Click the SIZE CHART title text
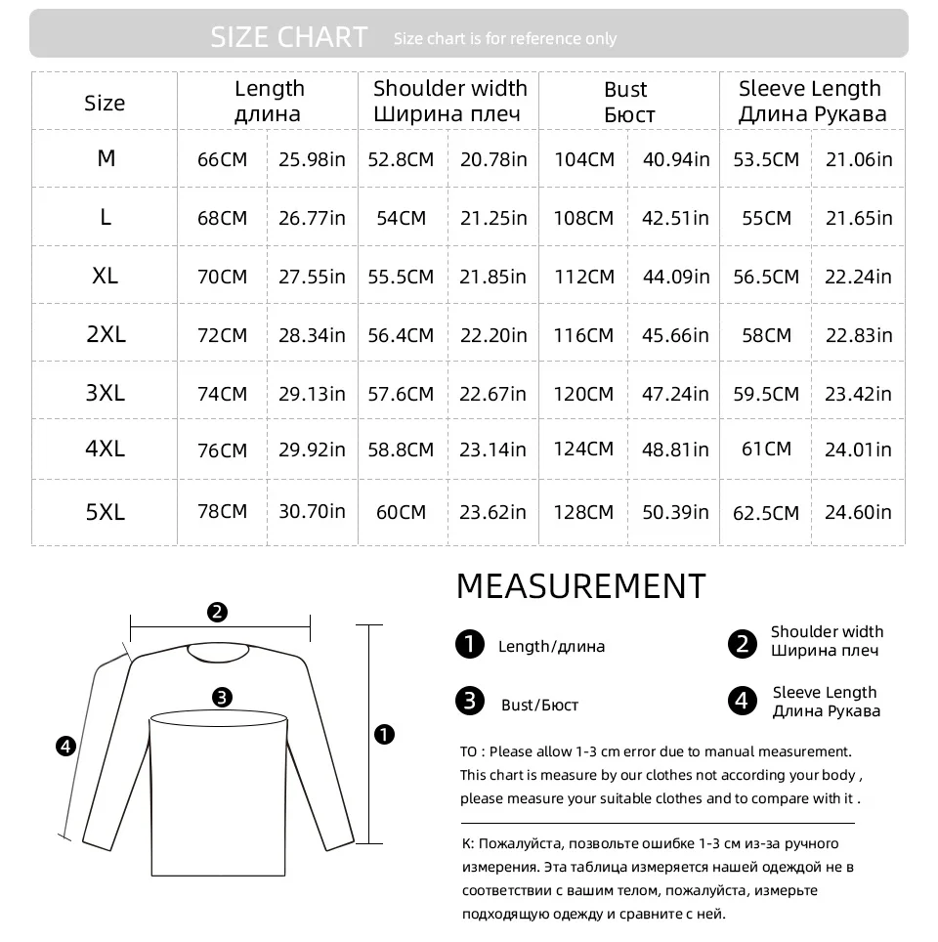tap(289, 37)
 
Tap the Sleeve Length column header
tap(812, 101)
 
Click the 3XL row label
tap(105, 392)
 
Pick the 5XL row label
tap(105, 511)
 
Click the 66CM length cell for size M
tap(222, 159)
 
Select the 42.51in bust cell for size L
tap(675, 217)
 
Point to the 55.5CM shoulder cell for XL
tap(401, 277)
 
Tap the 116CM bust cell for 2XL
tap(584, 335)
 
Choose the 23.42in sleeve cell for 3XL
tap(858, 394)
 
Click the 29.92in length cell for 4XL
tap(312, 450)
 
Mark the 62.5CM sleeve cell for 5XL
tap(766, 512)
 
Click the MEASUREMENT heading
tap(580, 586)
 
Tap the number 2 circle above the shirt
tap(218, 613)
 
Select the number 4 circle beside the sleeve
tap(65, 747)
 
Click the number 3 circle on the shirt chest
tap(222, 697)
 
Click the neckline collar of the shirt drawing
tap(218, 652)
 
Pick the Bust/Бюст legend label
tap(539, 705)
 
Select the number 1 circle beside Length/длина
tap(470, 645)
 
